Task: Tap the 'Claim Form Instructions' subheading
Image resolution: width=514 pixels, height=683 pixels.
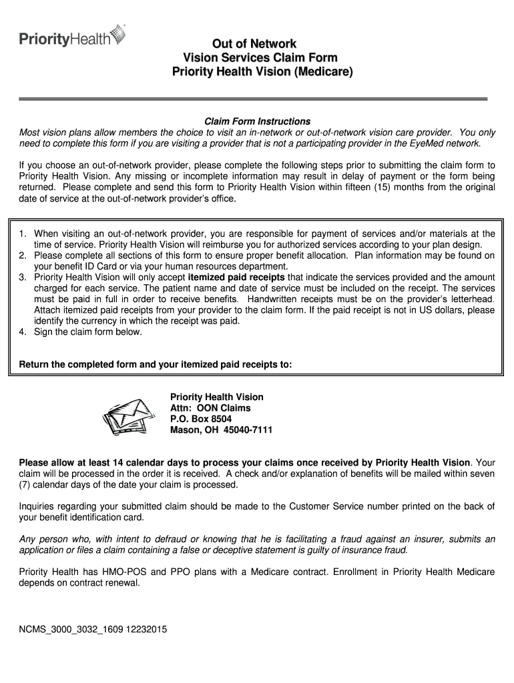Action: click(x=257, y=121)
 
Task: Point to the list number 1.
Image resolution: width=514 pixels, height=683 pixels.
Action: click(x=23, y=233)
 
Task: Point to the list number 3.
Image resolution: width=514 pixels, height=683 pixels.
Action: click(x=23, y=277)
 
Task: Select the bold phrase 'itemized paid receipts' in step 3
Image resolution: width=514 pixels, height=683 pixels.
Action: click(x=237, y=277)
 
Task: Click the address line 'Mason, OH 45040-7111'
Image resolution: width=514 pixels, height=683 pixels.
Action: click(x=221, y=430)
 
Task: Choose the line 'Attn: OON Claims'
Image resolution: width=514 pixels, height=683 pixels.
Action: click(x=210, y=408)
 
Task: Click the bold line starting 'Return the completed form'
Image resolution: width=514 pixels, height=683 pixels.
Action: click(x=156, y=364)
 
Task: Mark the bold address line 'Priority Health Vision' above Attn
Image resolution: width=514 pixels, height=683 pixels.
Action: click(x=217, y=397)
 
